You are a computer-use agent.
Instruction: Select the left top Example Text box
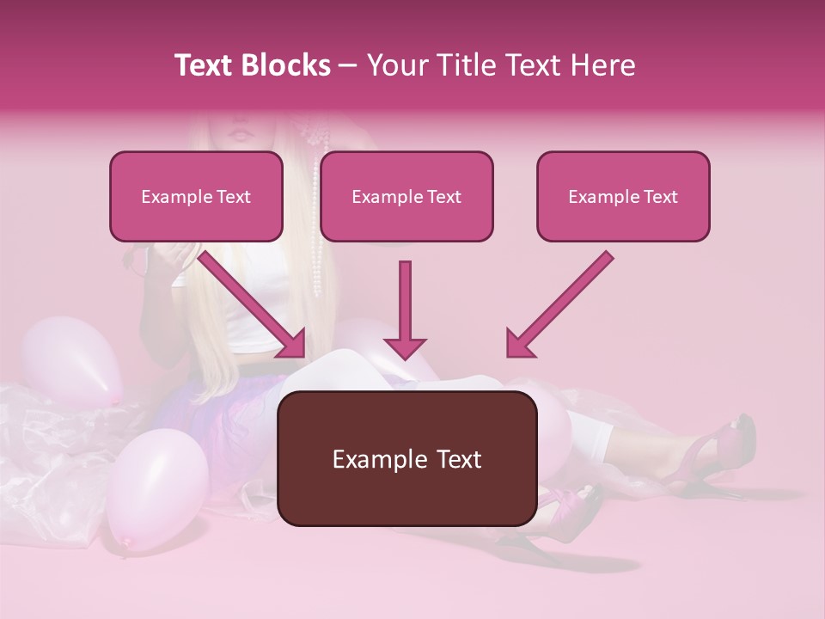[x=196, y=197]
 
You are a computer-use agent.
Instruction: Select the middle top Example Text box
[x=406, y=197]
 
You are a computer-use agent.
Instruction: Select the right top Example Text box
[x=623, y=197]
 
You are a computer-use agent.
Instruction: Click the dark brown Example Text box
[x=406, y=458]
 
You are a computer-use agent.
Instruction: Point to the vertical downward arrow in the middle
[x=405, y=309]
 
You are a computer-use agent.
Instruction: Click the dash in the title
[x=348, y=65]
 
